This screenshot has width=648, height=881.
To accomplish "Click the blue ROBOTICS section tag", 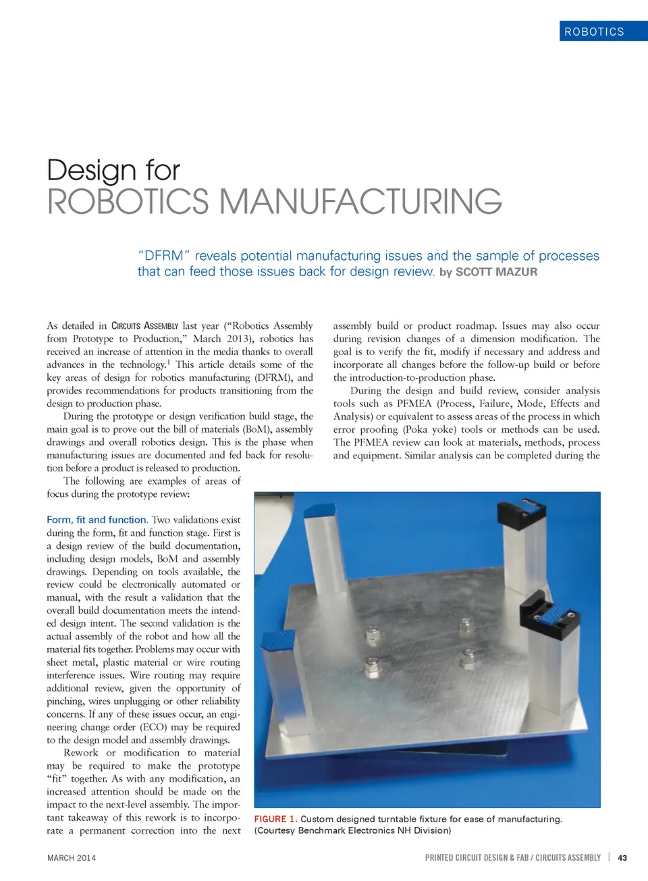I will [595, 32].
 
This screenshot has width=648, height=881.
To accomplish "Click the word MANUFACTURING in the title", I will [360, 202].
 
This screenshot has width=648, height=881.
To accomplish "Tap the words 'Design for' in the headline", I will [113, 170].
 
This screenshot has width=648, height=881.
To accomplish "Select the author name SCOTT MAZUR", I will [496, 272].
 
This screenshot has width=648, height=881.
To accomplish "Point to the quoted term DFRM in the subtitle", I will [165, 256].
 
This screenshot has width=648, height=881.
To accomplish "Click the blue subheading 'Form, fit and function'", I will [97, 520].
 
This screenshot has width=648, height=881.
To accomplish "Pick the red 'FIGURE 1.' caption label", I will [275, 819].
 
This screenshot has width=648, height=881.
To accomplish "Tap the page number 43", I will [622, 858].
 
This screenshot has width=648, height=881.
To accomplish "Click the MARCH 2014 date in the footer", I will [72, 858].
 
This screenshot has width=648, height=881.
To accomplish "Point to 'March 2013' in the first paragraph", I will [220, 339].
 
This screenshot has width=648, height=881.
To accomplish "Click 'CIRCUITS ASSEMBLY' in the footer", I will [568, 858].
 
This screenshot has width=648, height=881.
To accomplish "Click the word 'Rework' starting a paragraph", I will [81, 753].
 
